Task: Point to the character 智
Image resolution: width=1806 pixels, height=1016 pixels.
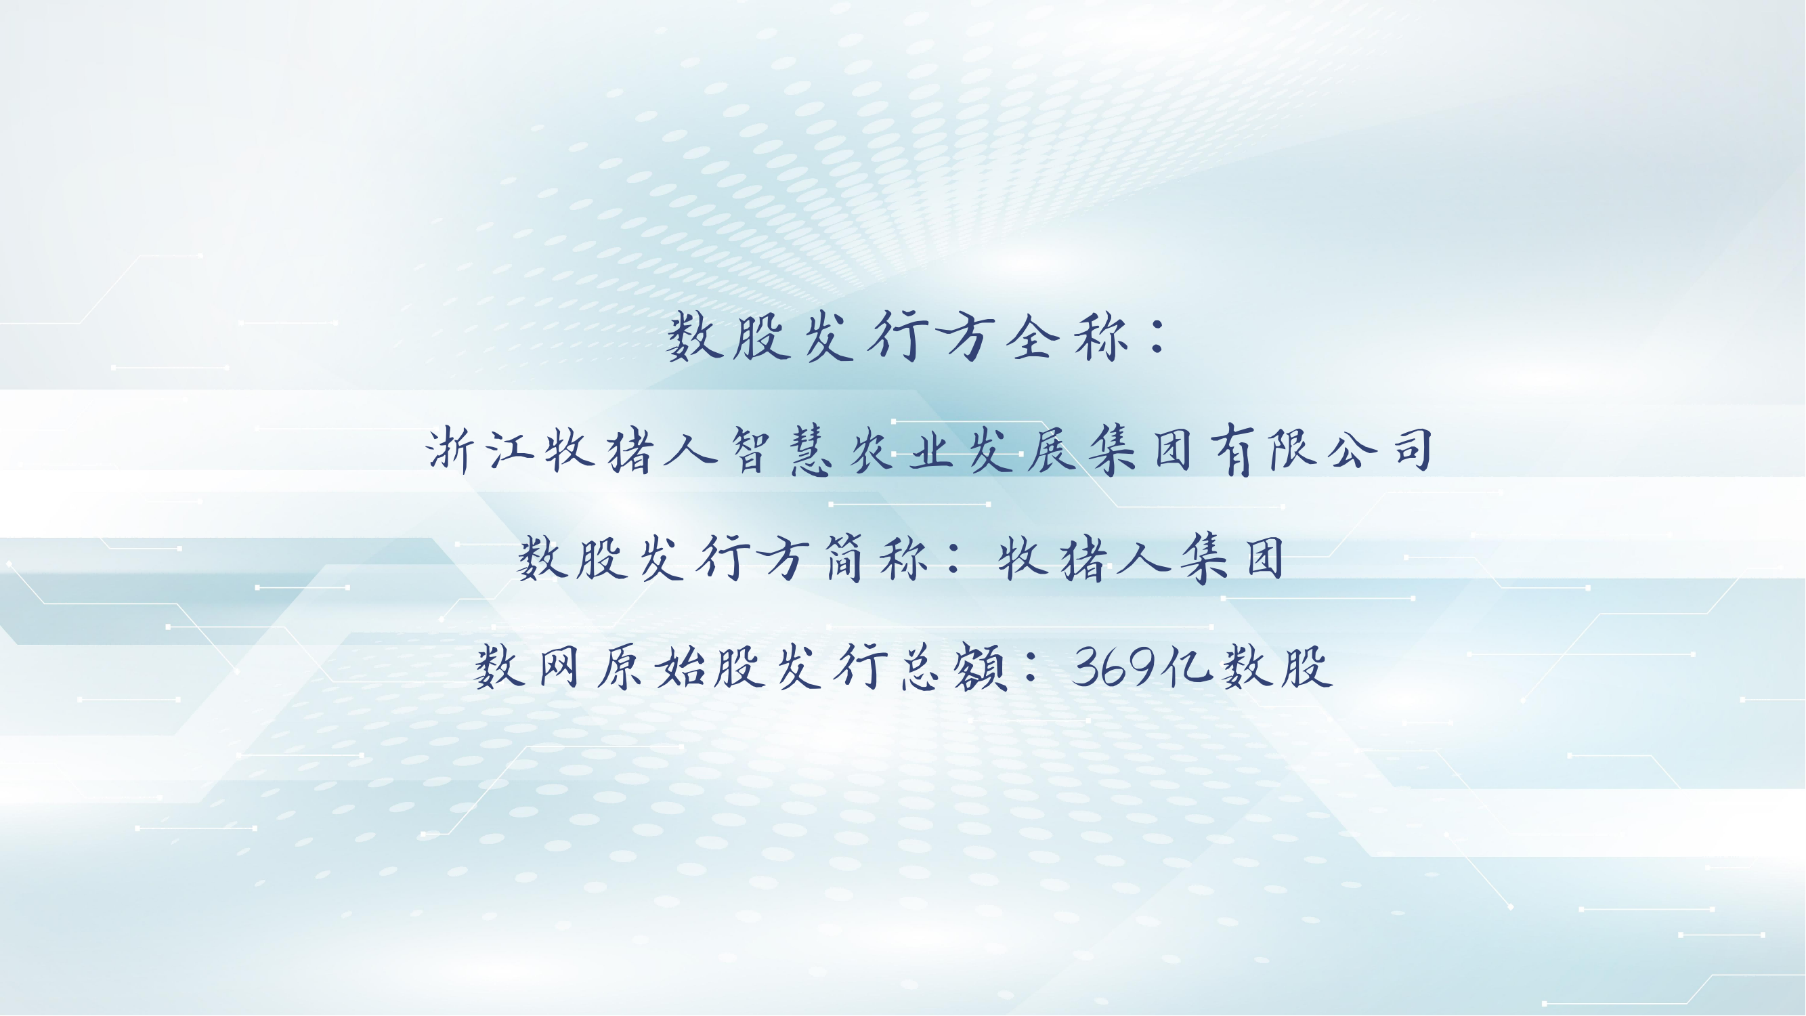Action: click(752, 450)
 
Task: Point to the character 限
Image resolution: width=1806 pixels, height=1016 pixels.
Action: click(1293, 450)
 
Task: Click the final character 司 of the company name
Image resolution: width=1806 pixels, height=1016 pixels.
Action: click(1413, 450)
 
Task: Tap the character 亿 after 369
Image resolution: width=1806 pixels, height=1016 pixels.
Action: click(1186, 666)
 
